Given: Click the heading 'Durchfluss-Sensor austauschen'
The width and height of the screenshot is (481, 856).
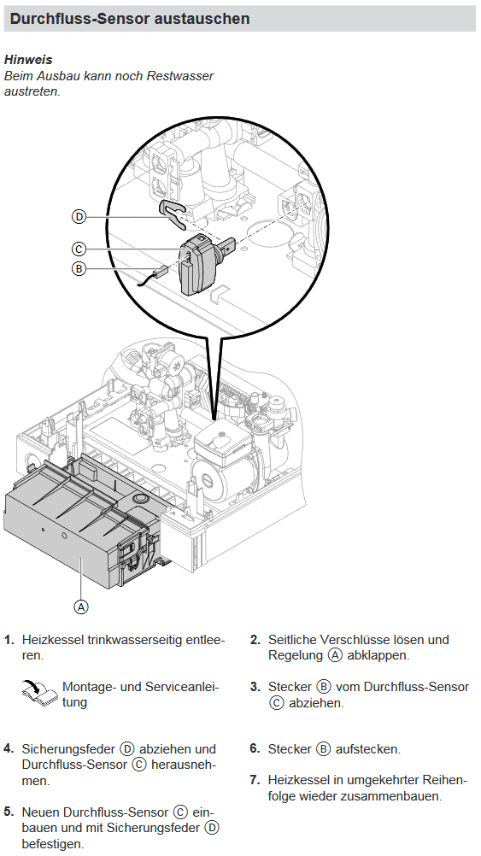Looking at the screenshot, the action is [x=130, y=19].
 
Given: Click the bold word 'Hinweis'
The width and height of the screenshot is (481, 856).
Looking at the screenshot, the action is [x=28, y=60].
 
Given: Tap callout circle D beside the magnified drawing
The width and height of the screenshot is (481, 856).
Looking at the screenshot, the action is [x=79, y=217].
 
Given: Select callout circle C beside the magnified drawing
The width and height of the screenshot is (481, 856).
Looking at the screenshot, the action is [x=79, y=249].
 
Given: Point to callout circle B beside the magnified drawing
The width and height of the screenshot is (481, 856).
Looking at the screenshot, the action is [x=79, y=268].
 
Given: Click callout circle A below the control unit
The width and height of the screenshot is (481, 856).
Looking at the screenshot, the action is [x=81, y=607].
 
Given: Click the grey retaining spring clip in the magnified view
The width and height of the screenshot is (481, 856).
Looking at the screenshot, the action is [x=174, y=213].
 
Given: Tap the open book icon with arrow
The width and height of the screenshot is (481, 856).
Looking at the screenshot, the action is [x=40, y=692].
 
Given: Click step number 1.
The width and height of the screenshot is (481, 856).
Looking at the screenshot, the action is [x=9, y=640].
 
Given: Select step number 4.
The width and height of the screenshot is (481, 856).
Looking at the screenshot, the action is [x=9, y=749].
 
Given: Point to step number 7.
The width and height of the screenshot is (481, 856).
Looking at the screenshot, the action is [x=255, y=780].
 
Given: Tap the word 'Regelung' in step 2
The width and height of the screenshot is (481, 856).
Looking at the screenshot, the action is [x=296, y=655].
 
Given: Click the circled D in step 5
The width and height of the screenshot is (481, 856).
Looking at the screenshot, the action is [x=212, y=828].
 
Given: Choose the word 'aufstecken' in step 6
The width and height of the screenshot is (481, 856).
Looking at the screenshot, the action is [x=367, y=749].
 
